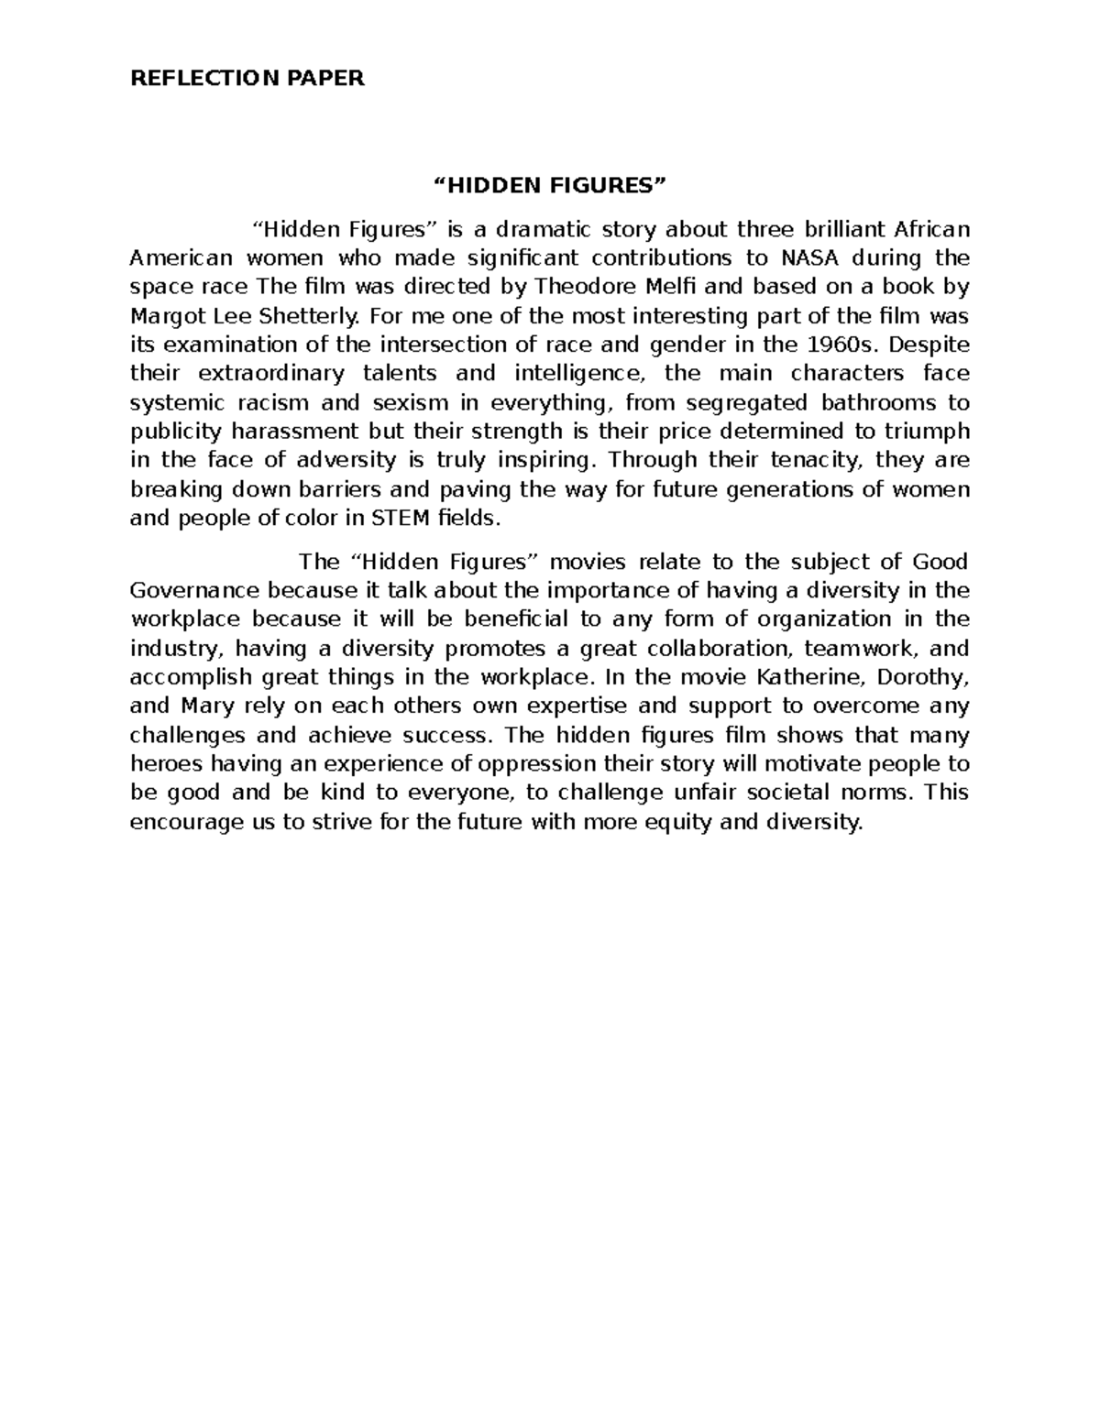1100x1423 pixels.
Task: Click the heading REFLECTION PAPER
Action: click(247, 78)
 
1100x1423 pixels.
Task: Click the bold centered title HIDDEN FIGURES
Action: click(549, 186)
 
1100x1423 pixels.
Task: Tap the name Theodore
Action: click(580, 287)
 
